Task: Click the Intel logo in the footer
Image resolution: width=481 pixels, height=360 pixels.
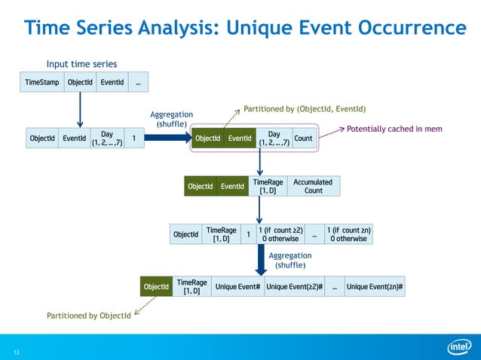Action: click(459, 346)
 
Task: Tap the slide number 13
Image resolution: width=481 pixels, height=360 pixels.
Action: click(15, 352)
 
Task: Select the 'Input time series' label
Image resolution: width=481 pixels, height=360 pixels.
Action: click(81, 64)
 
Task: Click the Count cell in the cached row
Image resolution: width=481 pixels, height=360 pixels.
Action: click(303, 139)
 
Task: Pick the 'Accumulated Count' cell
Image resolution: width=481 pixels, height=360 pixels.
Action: click(313, 186)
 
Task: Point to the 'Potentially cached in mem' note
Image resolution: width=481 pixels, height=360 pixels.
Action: click(394, 129)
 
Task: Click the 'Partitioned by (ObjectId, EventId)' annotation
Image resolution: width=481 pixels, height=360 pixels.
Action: click(305, 109)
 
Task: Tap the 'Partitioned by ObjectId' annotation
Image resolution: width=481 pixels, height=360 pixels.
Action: click(88, 316)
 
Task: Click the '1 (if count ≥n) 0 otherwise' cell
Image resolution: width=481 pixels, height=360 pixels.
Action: click(348, 234)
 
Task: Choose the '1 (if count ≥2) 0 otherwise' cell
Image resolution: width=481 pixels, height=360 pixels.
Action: click(280, 234)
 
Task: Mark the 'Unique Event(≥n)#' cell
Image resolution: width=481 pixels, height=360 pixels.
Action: click(375, 287)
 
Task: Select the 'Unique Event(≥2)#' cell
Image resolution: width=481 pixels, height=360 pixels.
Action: click(294, 287)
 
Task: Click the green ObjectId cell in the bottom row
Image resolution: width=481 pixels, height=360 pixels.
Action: click(156, 287)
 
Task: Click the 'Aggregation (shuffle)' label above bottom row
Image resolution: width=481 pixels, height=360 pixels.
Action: click(290, 260)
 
